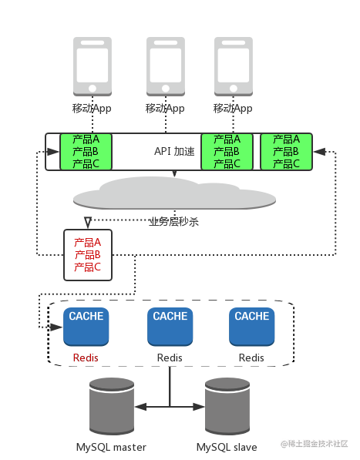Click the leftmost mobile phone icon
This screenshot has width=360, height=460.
[x=93, y=66]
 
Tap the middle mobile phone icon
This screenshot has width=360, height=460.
[x=166, y=66]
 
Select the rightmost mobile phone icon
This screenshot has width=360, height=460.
[x=234, y=66]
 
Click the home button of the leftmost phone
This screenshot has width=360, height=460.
[x=93, y=89]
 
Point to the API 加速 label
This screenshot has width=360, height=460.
[x=174, y=151]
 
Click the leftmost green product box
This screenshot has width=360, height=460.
[x=86, y=152]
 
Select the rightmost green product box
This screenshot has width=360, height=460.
[x=286, y=152]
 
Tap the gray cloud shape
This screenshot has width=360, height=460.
[x=174, y=193]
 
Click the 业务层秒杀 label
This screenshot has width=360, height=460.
[x=173, y=222]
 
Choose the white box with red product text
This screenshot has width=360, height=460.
[x=88, y=255]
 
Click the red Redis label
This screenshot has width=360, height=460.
[x=86, y=358]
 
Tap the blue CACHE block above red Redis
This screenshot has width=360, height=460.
[x=86, y=327]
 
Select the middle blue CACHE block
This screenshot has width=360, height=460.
[x=170, y=327]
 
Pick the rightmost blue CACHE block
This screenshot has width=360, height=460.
[x=252, y=327]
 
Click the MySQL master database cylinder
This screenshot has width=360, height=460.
[x=112, y=406]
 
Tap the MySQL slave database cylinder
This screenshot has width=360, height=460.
[x=227, y=406]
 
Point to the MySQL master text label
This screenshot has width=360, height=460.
[x=111, y=448]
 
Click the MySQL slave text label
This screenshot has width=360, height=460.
[x=227, y=448]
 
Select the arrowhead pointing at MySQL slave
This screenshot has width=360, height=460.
[x=199, y=407]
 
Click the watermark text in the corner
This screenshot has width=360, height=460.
[x=315, y=444]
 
